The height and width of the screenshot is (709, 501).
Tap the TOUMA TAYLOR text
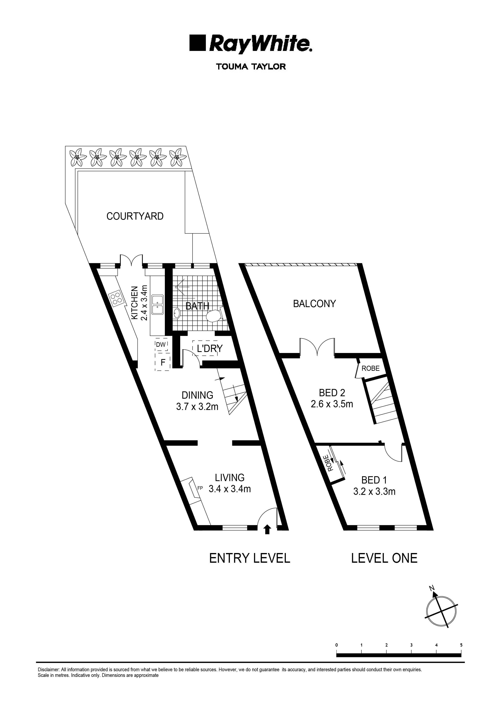click(251, 67)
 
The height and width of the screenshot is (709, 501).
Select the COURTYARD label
click(135, 216)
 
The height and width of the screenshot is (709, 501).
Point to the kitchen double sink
click(158, 304)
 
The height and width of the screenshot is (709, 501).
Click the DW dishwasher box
click(161, 345)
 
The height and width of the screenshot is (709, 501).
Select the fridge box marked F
click(163, 362)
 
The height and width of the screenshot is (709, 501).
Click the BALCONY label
click(314, 304)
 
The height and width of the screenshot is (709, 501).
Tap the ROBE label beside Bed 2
click(370, 368)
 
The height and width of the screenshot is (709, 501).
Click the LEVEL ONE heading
click(384, 558)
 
